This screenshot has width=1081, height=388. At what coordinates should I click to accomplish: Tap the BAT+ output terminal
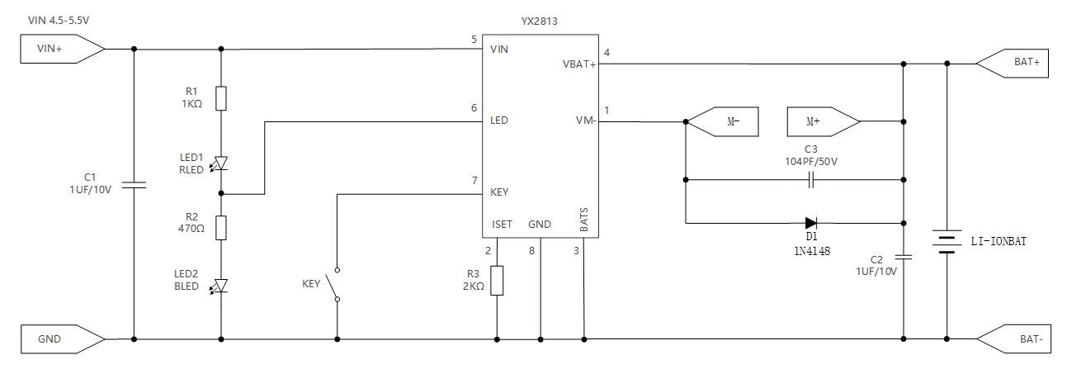[1014, 63]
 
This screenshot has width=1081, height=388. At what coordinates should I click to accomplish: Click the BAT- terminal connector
[1014, 338]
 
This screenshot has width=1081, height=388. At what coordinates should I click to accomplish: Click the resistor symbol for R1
[220, 98]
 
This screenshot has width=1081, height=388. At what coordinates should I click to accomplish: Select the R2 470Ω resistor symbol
[220, 227]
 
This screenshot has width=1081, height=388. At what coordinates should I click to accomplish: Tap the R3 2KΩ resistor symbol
[497, 281]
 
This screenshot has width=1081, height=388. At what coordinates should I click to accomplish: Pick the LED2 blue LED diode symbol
[220, 286]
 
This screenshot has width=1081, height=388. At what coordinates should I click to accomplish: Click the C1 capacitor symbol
[134, 184]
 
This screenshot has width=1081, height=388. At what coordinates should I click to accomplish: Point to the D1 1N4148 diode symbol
[810, 222]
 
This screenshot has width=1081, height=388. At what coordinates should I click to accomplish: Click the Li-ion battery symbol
[946, 242]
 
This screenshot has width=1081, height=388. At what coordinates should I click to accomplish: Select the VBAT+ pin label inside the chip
[579, 64]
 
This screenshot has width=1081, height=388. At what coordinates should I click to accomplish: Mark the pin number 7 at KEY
[474, 180]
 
